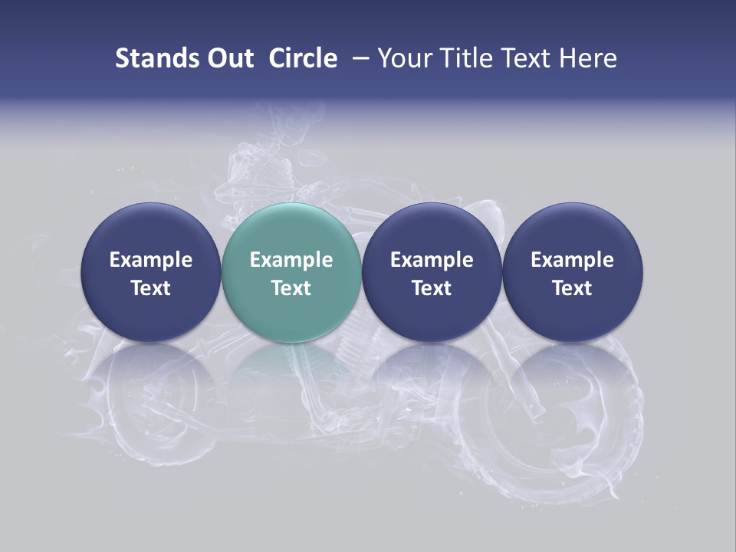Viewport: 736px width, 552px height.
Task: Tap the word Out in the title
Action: click(228, 58)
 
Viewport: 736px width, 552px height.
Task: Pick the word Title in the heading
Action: click(467, 58)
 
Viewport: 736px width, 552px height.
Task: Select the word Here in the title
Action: click(588, 58)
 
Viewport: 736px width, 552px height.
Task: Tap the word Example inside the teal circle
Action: click(291, 260)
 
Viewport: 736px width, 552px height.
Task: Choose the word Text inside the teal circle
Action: click(291, 288)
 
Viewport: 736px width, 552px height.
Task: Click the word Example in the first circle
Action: click(150, 260)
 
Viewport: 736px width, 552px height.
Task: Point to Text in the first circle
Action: click(150, 288)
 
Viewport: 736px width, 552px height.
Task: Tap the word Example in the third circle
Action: click(432, 260)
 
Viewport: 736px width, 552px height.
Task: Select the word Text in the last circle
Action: click(573, 288)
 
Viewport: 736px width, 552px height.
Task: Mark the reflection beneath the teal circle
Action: click(291, 376)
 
